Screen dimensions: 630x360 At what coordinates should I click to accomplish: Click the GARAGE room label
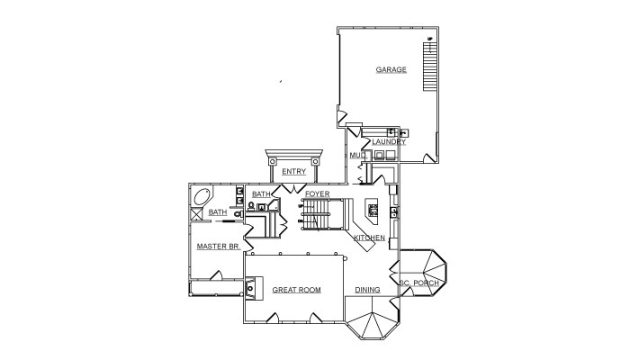(391, 69)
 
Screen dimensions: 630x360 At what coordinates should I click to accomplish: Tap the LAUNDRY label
(389, 142)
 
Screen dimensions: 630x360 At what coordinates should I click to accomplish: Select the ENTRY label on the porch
(293, 172)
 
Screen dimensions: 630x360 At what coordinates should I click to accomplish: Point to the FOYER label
(317, 194)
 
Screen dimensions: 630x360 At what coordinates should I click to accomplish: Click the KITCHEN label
(369, 238)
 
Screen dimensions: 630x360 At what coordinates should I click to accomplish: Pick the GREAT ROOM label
(296, 290)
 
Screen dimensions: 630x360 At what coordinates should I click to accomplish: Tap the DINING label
(367, 290)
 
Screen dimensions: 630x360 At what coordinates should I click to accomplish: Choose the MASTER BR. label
(219, 247)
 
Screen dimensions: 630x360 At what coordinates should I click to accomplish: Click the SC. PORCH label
(419, 283)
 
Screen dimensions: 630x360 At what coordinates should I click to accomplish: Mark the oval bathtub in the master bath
(202, 197)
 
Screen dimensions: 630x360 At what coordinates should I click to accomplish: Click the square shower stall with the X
(196, 214)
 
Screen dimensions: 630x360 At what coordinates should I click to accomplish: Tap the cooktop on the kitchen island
(373, 210)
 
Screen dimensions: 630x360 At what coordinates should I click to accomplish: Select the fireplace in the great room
(254, 288)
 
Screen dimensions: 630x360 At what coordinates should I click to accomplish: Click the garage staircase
(429, 66)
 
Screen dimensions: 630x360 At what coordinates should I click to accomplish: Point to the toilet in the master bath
(238, 214)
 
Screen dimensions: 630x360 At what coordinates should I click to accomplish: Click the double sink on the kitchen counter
(394, 212)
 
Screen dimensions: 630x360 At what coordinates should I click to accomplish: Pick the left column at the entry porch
(273, 161)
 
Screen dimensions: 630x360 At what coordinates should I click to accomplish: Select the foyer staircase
(322, 214)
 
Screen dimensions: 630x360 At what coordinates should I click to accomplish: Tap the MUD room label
(357, 155)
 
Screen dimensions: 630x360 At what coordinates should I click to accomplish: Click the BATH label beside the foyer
(261, 194)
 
